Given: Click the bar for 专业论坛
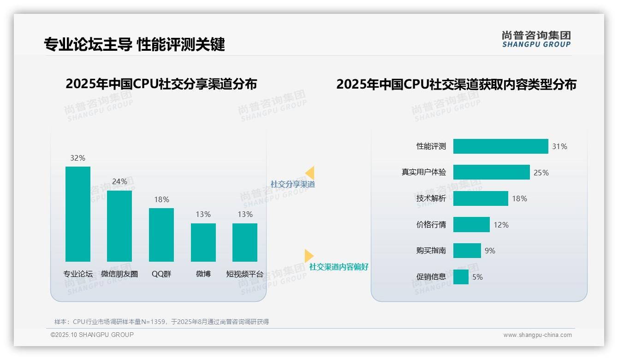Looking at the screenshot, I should pyautogui.click(x=78, y=214).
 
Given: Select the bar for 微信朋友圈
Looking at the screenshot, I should pyautogui.click(x=119, y=226).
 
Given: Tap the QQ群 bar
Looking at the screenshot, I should pyautogui.click(x=161, y=235).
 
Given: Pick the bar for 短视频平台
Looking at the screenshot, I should pyautogui.click(x=245, y=242).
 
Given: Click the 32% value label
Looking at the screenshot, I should pyautogui.click(x=77, y=158).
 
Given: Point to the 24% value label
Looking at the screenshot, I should pyautogui.click(x=119, y=182).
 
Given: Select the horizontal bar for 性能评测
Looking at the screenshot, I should pyautogui.click(x=500, y=146).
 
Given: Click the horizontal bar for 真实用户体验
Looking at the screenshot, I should pyautogui.click(x=491, y=172).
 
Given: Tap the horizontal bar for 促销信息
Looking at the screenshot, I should pyautogui.click(x=461, y=277).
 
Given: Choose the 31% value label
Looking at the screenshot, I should pyautogui.click(x=559, y=147).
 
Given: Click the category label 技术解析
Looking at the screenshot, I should pyautogui.click(x=431, y=198).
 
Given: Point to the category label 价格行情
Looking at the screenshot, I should pyautogui.click(x=431, y=225).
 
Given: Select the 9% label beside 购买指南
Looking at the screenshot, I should pyautogui.click(x=490, y=251).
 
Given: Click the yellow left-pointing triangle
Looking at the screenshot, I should pyautogui.click(x=310, y=173).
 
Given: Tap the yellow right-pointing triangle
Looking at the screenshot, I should pyautogui.click(x=309, y=256).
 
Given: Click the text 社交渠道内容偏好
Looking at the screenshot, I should pyautogui.click(x=339, y=267).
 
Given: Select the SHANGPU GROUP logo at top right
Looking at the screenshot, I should pyautogui.click(x=536, y=39).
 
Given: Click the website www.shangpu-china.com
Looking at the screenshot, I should pyautogui.click(x=537, y=335).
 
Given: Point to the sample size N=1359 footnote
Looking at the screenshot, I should pyautogui.click(x=161, y=322).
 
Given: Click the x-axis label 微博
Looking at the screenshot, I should pyautogui.click(x=203, y=274).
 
